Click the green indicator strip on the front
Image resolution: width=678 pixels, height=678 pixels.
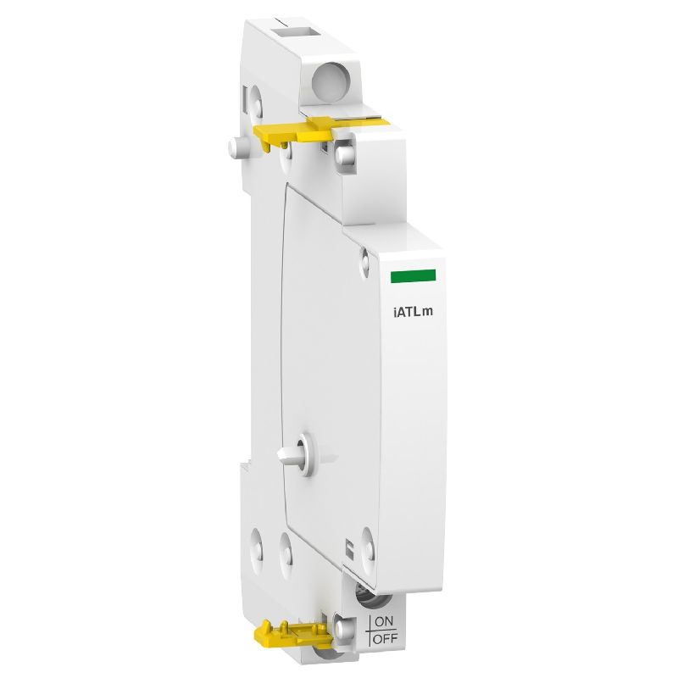(413, 275)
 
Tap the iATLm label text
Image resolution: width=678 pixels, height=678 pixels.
(412, 309)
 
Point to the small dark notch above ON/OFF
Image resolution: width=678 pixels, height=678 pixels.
(348, 547)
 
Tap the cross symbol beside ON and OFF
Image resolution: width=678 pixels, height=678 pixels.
(367, 631)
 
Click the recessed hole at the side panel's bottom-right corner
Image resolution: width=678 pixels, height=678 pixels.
(366, 536)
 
